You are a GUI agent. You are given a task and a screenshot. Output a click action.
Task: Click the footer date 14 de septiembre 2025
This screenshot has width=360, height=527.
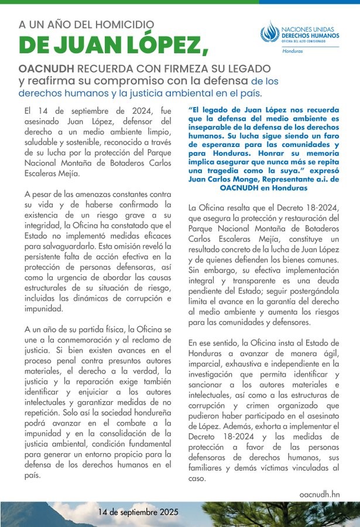pos(138,513)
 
